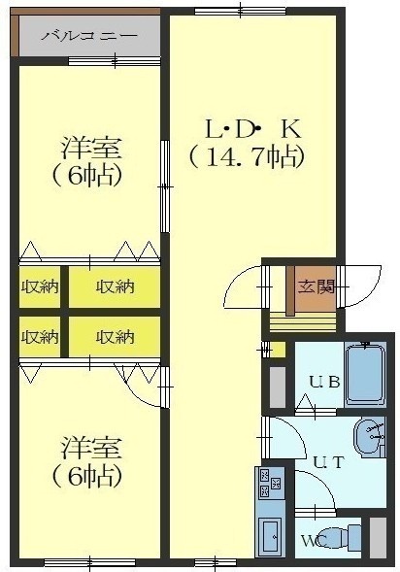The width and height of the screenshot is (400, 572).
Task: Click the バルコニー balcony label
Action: coord(89,36)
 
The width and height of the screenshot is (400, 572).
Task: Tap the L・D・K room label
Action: coord(253,130)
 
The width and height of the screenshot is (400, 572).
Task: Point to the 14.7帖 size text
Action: coord(247,157)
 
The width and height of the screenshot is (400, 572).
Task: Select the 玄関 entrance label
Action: coord(317,287)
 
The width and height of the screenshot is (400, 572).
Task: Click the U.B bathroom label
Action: coord(325,382)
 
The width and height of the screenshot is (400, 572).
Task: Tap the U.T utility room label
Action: coord(328,462)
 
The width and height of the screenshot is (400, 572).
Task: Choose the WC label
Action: coord(313,540)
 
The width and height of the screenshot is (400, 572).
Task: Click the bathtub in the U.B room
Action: coord(365,375)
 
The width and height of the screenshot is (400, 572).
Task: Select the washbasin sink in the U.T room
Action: coord(368,437)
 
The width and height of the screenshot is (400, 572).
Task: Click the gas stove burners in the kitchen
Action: coord(270,484)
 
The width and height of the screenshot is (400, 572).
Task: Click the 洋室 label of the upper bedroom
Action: coord(91,149)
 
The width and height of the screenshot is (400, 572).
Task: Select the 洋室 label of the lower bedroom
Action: coord(91,448)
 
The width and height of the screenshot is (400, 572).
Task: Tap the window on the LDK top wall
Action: coord(241,12)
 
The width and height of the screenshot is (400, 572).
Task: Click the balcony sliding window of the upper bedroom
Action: coord(115,61)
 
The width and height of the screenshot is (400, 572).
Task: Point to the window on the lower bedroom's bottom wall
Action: coord(89,562)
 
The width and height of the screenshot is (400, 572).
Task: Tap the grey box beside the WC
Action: coord(378,537)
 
